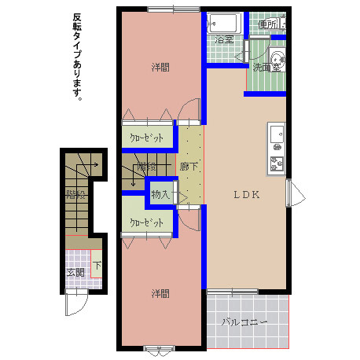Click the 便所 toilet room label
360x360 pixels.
(x=266, y=24)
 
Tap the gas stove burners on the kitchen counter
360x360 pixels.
(x=277, y=163)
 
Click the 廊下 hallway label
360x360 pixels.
(x=189, y=167)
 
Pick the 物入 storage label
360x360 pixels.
(x=160, y=193)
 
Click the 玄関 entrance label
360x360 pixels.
(x=75, y=273)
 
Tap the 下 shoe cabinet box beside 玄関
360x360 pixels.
(x=97, y=266)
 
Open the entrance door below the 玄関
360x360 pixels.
(x=75, y=303)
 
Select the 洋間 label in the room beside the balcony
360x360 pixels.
(x=160, y=293)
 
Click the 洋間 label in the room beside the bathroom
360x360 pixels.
(x=160, y=68)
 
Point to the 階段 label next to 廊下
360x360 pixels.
(x=146, y=167)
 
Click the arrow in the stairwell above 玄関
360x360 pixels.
(x=91, y=165)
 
